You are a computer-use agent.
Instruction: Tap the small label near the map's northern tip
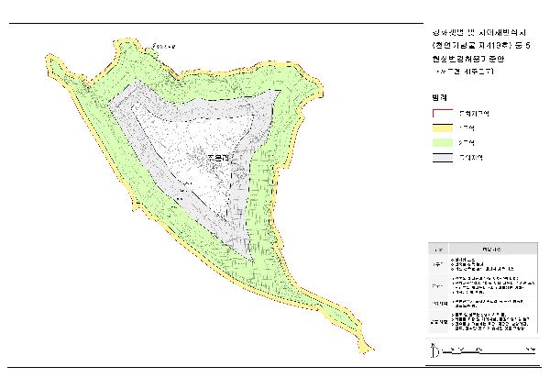pyautogui.click(x=162, y=41)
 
